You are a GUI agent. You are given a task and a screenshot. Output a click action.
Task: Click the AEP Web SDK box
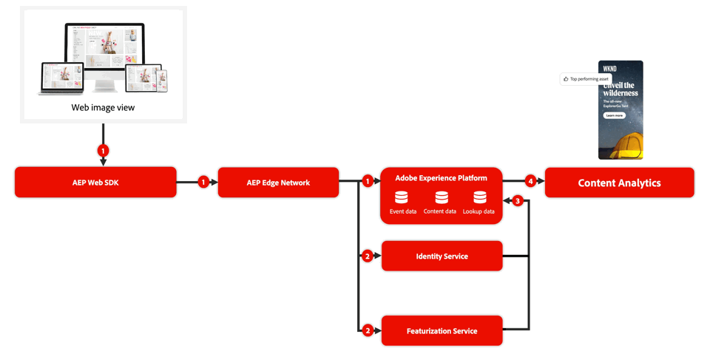coord(95,183)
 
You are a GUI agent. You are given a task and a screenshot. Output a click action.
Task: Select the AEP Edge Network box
coord(278,183)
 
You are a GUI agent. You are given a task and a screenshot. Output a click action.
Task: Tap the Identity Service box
coord(442,257)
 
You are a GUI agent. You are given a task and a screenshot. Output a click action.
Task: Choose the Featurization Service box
coord(442,331)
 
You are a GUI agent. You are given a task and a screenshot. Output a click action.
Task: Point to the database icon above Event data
coord(402,197)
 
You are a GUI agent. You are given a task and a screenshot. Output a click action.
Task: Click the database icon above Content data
coord(442,197)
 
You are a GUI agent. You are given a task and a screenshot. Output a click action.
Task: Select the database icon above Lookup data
coord(480,197)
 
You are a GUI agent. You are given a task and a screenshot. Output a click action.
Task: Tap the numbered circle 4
coord(530,181)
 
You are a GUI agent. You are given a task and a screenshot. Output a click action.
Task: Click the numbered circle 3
coord(518,201)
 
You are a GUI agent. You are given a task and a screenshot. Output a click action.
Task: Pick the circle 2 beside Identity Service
coord(368,257)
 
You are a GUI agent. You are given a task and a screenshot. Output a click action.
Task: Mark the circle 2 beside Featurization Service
coord(368,331)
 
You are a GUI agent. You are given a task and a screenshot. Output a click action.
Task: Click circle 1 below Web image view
coord(103,151)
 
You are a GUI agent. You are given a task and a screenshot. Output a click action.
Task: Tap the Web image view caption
coord(103,108)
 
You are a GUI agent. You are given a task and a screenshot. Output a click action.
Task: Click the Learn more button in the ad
coord(614,116)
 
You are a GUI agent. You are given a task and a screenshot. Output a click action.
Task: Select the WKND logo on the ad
coord(610,69)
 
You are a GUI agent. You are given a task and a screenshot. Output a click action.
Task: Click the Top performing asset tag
coord(586,79)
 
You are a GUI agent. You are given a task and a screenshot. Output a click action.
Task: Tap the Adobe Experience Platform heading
coord(442,178)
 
